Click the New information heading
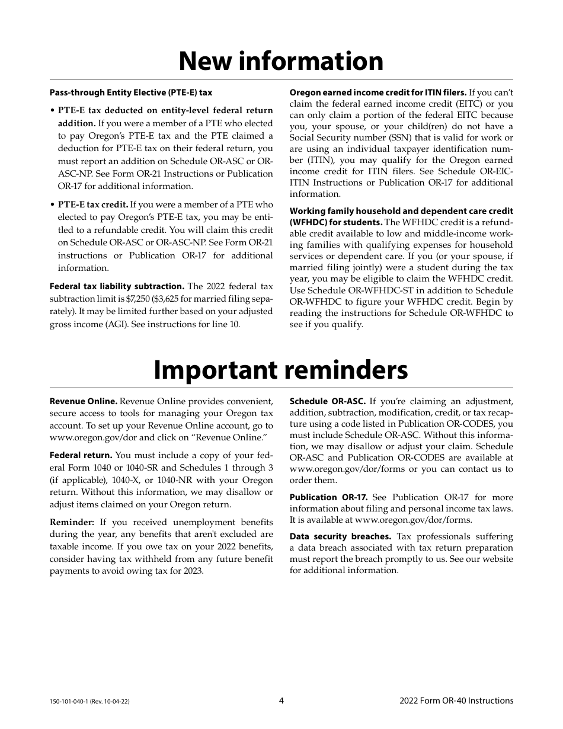pyautogui.click(x=281, y=61)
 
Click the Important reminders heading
pyautogui.click(x=281, y=370)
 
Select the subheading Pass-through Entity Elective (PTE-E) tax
pyautogui.click(x=131, y=92)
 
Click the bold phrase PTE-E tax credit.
pyautogui.click(x=92, y=205)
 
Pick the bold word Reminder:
pyautogui.click(x=72, y=522)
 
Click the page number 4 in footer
pyautogui.click(x=281, y=701)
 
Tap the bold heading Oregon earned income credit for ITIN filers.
pyautogui.click(x=378, y=92)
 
